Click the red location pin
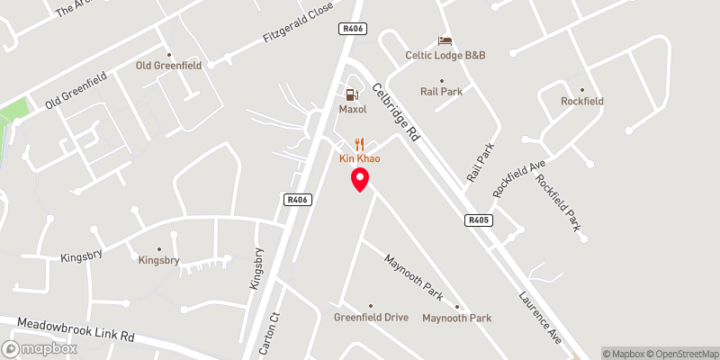[360, 179]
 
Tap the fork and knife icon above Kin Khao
[360, 143]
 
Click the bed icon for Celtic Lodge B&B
[443, 40]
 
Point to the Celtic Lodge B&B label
[445, 56]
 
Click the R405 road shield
[478, 220]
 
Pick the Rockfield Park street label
[559, 202]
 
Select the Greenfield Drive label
[371, 318]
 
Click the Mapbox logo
[40, 348]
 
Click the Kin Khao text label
[360, 158]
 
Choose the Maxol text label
[354, 110]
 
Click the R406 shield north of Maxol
[352, 29]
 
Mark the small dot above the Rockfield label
[582, 90]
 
